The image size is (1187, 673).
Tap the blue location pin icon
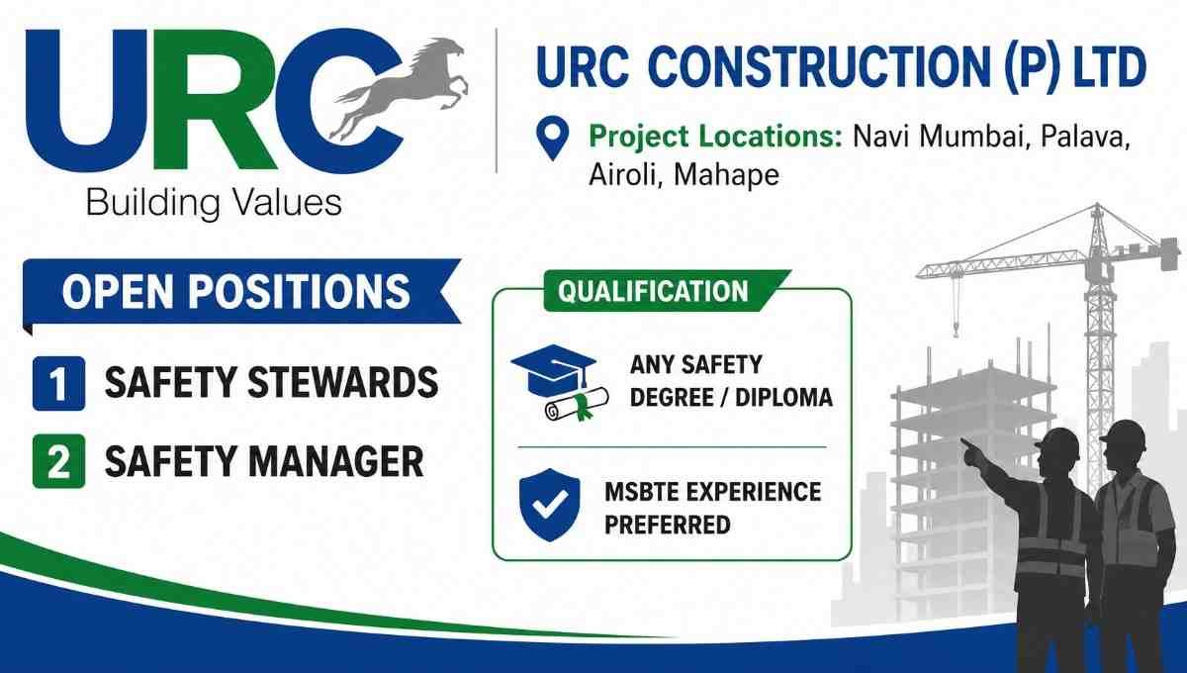click(552, 138)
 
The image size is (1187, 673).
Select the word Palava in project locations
click(1085, 137)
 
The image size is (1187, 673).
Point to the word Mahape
click(726, 175)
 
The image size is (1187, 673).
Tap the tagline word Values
click(287, 203)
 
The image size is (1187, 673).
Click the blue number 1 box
click(58, 383)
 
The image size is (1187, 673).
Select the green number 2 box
click(58, 461)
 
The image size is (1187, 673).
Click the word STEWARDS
click(343, 382)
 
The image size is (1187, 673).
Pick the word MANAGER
click(336, 461)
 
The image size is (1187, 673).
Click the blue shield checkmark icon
click(550, 505)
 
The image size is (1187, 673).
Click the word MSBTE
click(642, 492)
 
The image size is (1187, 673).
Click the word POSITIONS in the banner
click(299, 292)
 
